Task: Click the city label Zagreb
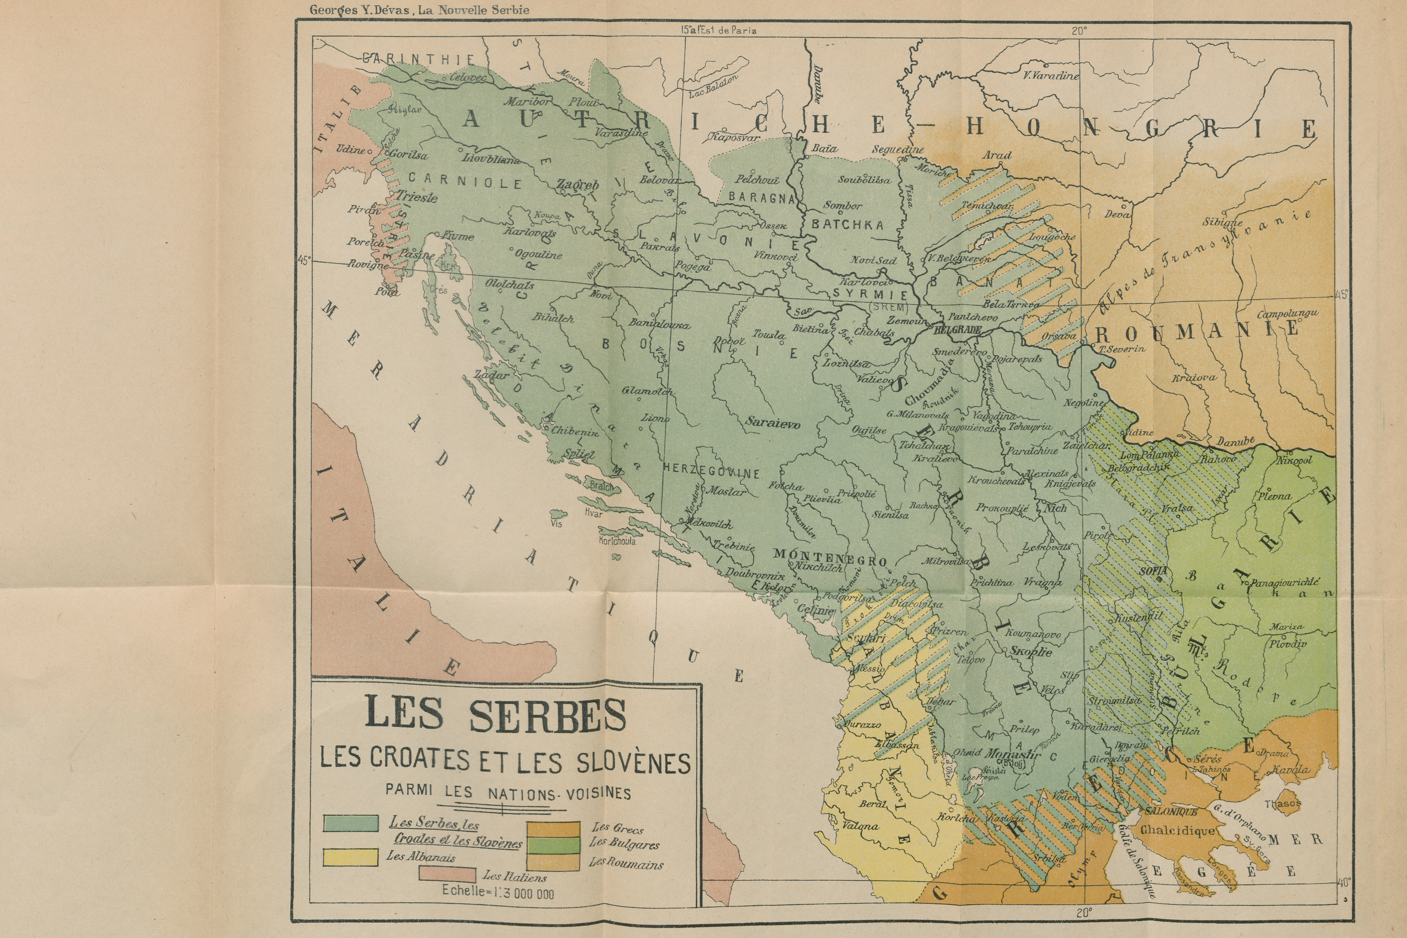(578, 185)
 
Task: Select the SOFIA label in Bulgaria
(1153, 571)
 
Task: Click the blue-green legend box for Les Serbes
(351, 823)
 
